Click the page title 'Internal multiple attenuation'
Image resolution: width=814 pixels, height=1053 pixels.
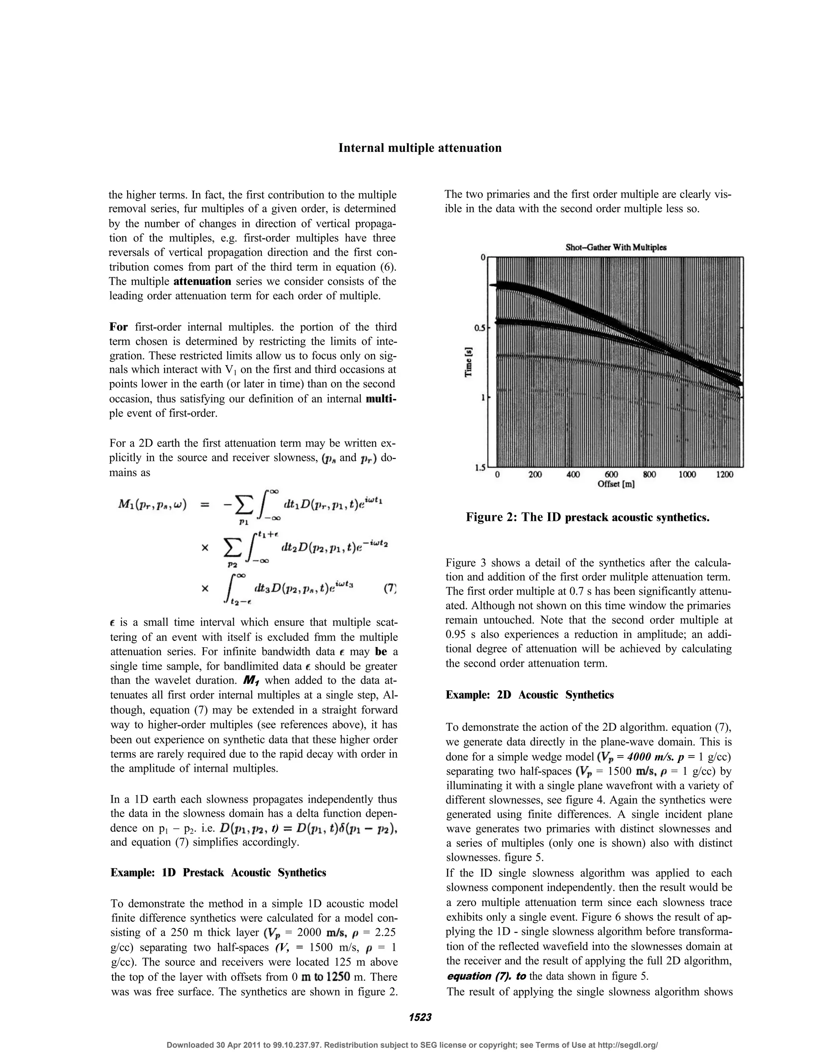(x=420, y=148)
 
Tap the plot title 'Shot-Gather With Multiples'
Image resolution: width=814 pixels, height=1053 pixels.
(x=616, y=247)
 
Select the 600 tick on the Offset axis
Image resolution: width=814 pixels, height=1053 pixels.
(x=611, y=475)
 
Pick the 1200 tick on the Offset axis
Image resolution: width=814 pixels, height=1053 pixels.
(x=724, y=475)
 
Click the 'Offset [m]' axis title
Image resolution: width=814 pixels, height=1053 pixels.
(x=616, y=484)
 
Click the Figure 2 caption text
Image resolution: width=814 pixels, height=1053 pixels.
(x=587, y=517)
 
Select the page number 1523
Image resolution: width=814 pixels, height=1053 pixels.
(x=420, y=1017)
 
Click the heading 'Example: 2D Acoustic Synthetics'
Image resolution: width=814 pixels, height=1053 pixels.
(x=529, y=695)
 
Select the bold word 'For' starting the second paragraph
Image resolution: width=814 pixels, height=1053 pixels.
(x=118, y=327)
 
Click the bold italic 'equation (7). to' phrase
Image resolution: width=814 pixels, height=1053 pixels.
(x=486, y=976)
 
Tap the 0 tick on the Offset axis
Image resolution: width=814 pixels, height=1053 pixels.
(x=497, y=475)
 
